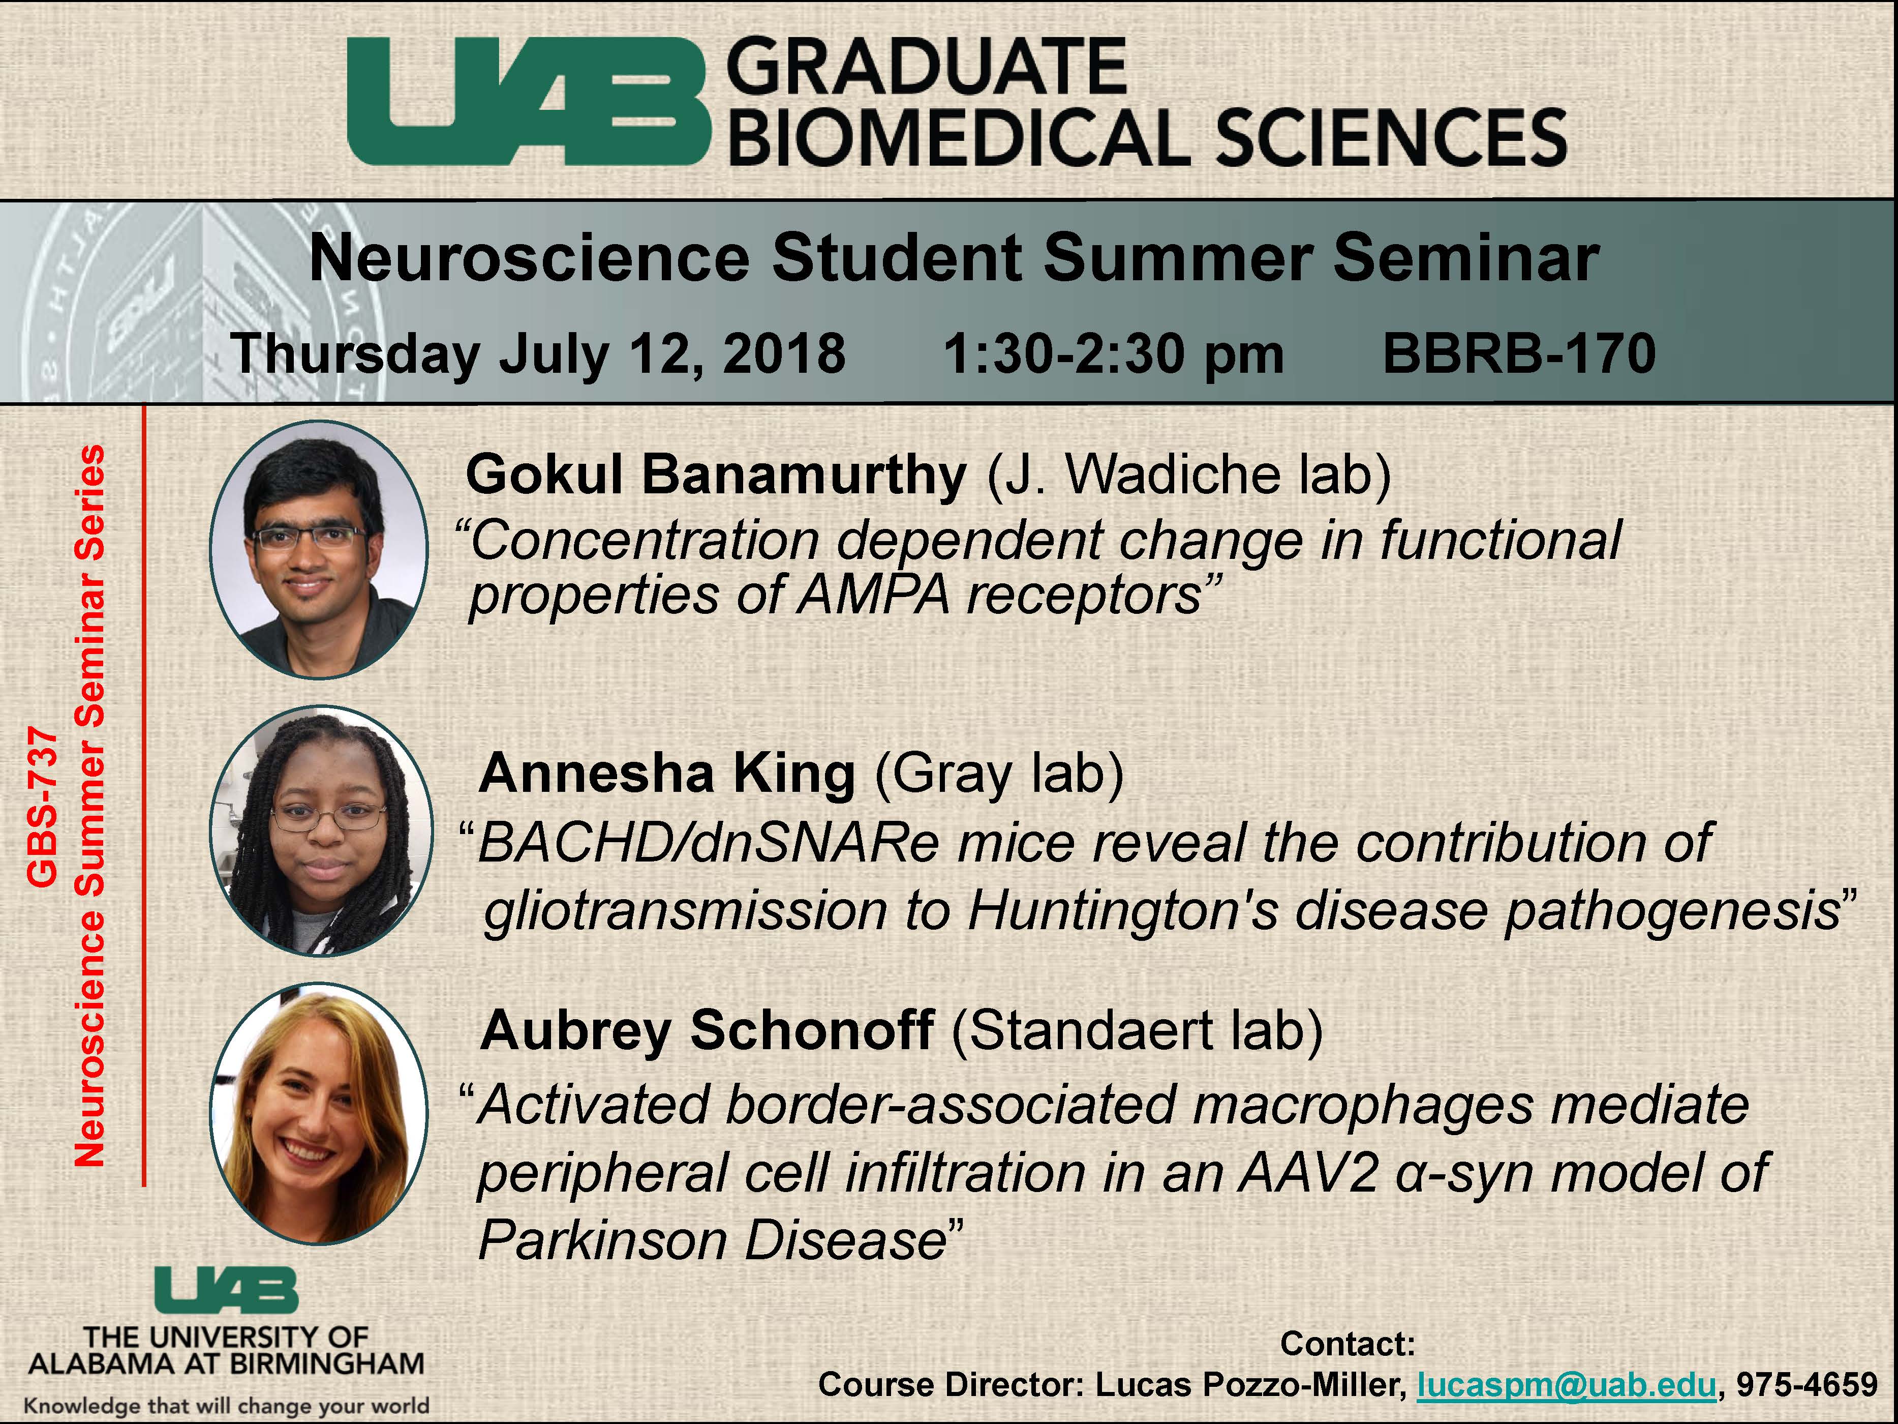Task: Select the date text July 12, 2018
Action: coord(672,353)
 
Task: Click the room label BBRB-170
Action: coord(1519,353)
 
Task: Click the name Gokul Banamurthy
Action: coord(717,474)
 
